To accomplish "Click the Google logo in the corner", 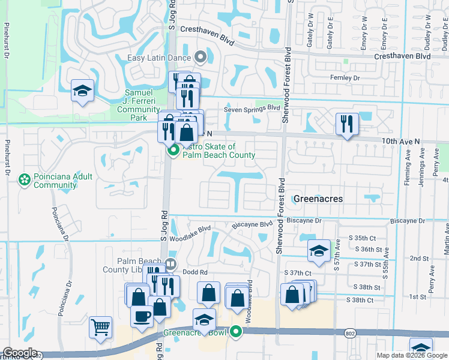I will tap(19, 353).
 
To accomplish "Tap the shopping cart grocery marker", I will tap(100, 328).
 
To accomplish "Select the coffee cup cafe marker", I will tap(142, 316).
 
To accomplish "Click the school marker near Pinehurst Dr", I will tap(82, 91).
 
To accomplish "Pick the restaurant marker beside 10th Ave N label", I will tap(347, 124).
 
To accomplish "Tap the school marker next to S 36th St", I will tap(319, 251).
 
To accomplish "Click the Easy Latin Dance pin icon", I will tap(200, 58).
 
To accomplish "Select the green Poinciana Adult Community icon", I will tap(25, 180).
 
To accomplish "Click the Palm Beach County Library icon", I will tap(171, 263).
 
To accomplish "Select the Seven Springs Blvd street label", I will tap(252, 109).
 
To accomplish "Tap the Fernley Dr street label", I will tap(345, 78).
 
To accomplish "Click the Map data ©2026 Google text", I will tap(411, 355).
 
